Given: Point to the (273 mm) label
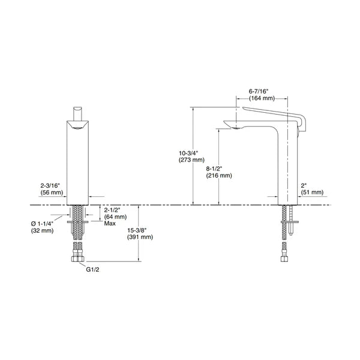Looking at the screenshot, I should (x=191, y=160).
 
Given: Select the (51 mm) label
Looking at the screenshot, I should (x=311, y=193).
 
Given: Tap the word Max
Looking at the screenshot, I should (x=109, y=224).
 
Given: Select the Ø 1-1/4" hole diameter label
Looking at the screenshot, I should (x=43, y=224).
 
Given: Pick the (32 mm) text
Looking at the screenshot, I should (x=43, y=231).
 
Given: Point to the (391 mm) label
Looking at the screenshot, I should (x=140, y=238).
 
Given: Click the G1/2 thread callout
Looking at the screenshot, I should (x=93, y=270).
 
